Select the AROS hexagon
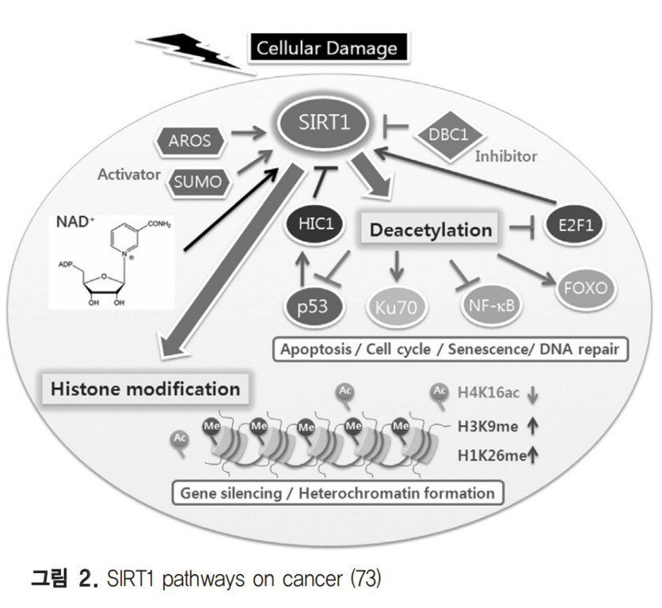click(x=190, y=141)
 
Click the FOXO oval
click(x=584, y=286)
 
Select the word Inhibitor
click(x=505, y=156)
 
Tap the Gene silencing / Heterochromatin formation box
click(x=336, y=493)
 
